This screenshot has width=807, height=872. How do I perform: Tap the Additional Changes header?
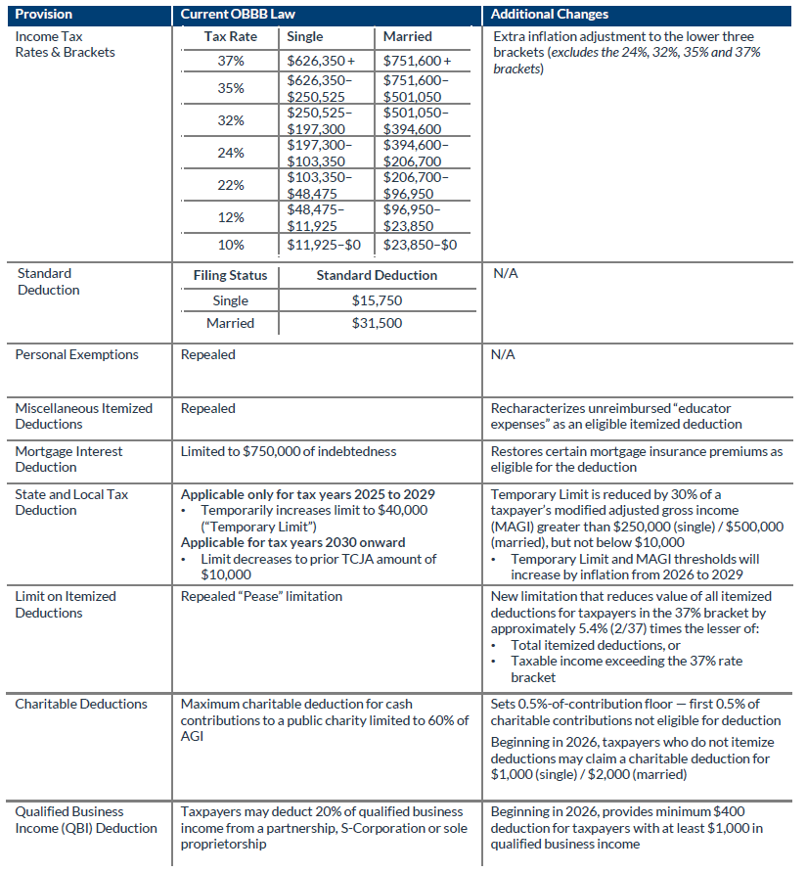tap(549, 15)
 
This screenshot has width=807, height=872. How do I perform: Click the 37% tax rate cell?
tap(231, 61)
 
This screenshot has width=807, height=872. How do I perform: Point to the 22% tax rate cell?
tap(231, 186)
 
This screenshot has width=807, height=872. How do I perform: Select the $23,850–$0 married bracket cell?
tap(420, 245)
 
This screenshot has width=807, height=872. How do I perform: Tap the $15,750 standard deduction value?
tap(377, 300)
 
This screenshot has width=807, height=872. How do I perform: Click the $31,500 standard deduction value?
tap(377, 323)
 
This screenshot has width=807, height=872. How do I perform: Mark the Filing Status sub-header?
tap(230, 276)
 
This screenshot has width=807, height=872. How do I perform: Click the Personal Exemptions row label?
tap(76, 354)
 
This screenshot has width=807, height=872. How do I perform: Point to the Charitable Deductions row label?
tap(81, 704)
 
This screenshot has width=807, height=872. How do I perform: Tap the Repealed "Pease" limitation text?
tap(261, 596)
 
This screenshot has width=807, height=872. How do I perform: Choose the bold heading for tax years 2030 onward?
tap(292, 542)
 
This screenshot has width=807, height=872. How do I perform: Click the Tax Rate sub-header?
tap(230, 36)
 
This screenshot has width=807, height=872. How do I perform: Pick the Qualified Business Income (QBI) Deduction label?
tap(85, 819)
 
